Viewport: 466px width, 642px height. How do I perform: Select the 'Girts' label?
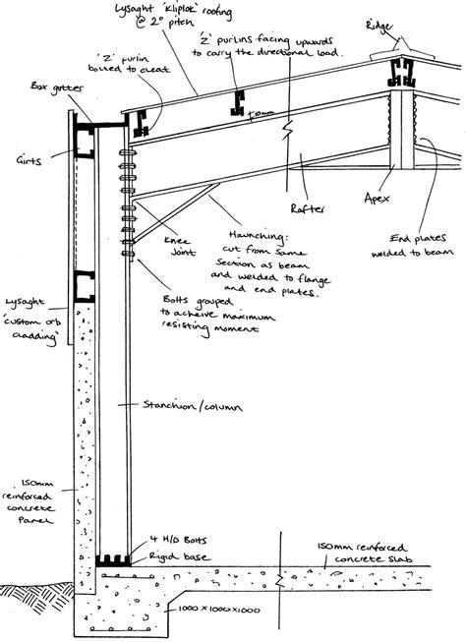(x=29, y=156)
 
